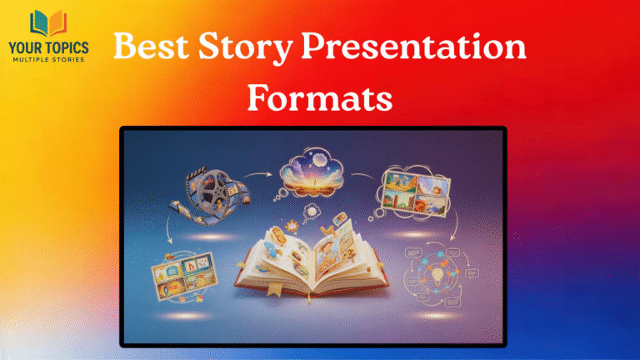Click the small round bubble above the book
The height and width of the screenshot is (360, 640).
311,210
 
